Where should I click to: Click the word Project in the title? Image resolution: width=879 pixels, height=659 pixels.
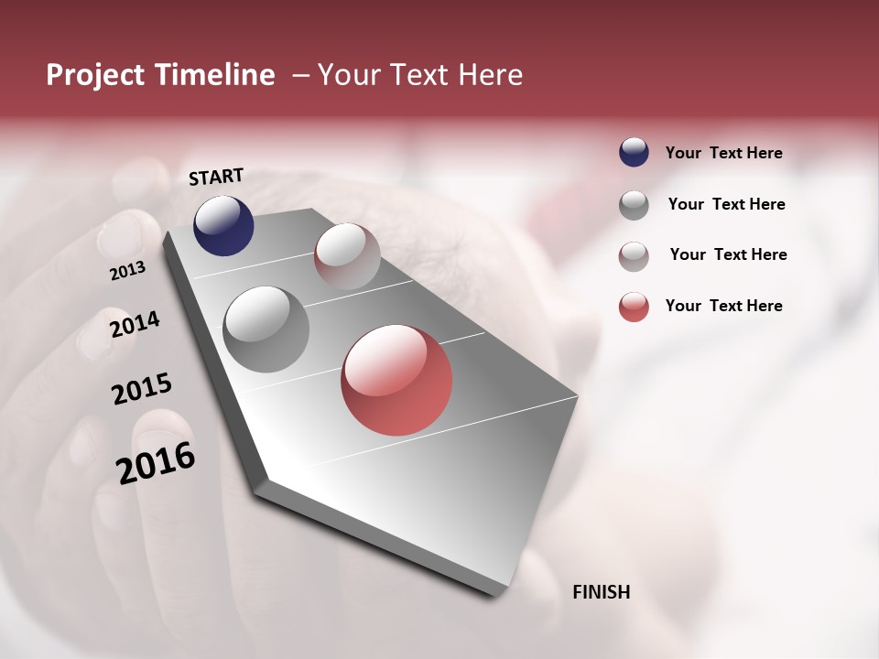point(95,75)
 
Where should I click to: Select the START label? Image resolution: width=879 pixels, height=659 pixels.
point(216,177)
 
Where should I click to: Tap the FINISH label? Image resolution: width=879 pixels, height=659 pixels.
point(601,592)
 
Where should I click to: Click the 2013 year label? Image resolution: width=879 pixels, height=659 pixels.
point(128,271)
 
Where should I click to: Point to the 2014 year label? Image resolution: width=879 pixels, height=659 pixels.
point(135,324)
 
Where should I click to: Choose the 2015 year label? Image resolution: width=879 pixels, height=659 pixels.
point(142,389)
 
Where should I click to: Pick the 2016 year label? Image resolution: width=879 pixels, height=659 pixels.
point(156,462)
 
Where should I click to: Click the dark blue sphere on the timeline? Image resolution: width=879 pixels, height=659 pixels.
point(223,225)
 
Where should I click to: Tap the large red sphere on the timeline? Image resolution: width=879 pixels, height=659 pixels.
point(396,380)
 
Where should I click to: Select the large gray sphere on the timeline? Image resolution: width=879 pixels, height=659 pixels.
point(266,329)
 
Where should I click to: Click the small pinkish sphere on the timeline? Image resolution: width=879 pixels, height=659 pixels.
point(347,256)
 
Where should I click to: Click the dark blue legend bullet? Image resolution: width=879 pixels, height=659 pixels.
point(634,152)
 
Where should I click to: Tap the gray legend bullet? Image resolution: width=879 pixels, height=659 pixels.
point(634,204)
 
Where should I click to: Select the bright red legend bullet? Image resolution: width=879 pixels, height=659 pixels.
point(634,307)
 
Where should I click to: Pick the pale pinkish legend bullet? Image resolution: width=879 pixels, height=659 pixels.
point(634,255)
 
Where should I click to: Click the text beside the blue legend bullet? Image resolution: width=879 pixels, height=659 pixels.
point(723,153)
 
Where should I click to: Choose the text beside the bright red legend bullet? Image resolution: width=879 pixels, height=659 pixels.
point(723,306)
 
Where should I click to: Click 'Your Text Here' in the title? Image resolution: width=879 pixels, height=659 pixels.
point(419,75)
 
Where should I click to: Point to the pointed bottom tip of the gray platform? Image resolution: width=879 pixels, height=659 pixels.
point(495,595)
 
